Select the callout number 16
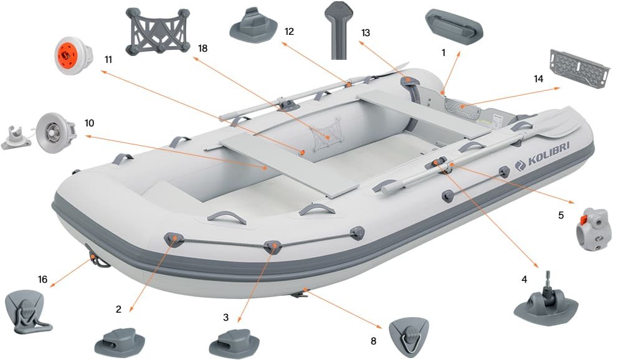tap(42, 279)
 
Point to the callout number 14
tap(538, 79)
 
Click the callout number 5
tap(561, 216)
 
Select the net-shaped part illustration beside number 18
tap(157, 31)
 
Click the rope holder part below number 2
tap(120, 341)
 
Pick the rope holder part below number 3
tap(233, 342)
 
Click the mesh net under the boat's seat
tap(328, 131)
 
